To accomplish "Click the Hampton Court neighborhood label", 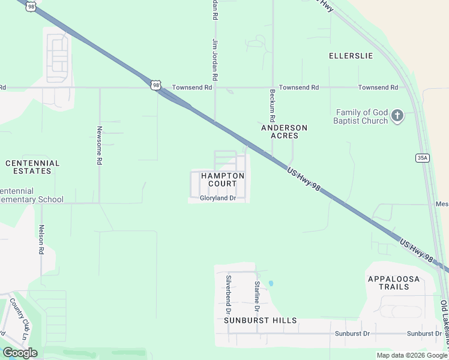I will [x=223, y=179].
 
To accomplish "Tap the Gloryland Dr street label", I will [x=217, y=197].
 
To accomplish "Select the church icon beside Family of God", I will [x=397, y=115].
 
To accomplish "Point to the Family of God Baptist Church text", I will [x=361, y=116].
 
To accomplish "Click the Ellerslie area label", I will [x=351, y=56].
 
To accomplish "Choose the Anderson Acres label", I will [x=284, y=132].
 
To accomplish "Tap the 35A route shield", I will [x=422, y=158].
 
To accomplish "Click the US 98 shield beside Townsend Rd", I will [x=156, y=86].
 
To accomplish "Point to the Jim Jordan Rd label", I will [x=214, y=60].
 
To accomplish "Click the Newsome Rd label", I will [x=100, y=145].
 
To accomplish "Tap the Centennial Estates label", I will [x=32, y=167].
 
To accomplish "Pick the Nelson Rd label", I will [x=41, y=239].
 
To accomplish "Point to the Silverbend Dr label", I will [x=228, y=295].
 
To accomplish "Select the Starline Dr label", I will [x=256, y=296].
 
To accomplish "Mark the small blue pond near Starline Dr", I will [x=271, y=283].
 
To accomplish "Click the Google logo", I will [x=20, y=353].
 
